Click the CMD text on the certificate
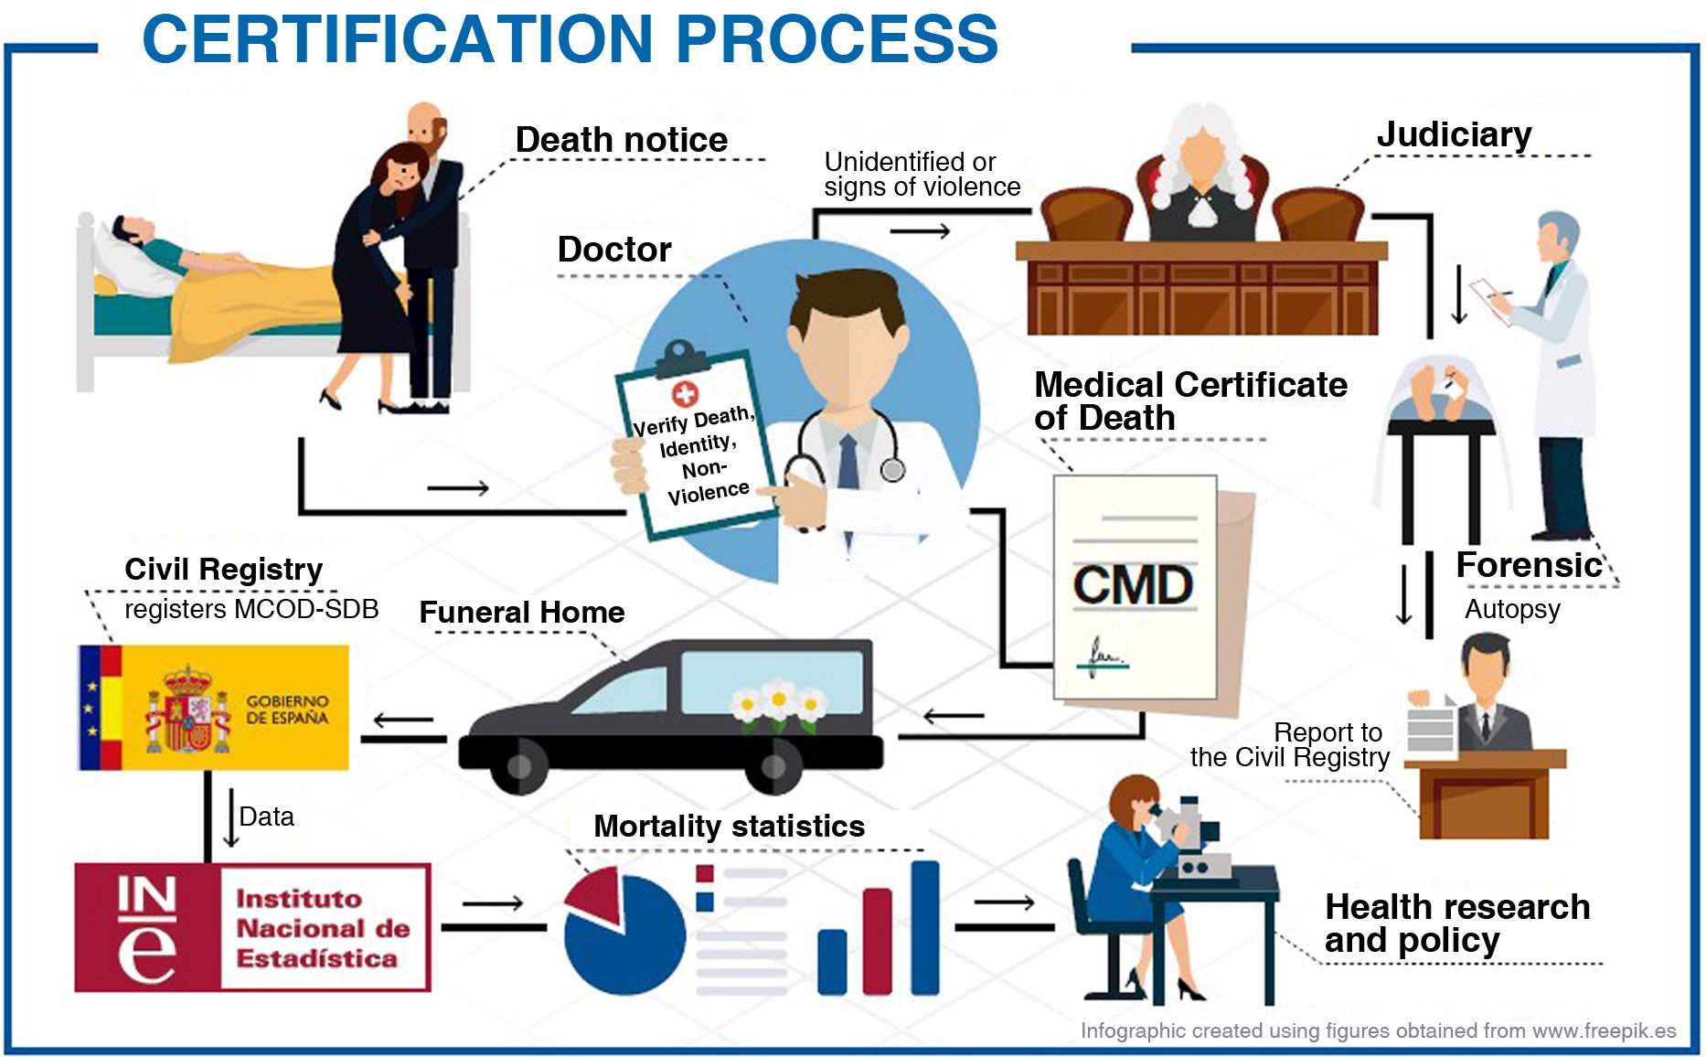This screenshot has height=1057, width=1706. point(1133,585)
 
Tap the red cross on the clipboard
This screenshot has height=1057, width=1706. point(685,393)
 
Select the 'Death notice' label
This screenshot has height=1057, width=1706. point(622,140)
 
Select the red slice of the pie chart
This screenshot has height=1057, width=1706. point(595,895)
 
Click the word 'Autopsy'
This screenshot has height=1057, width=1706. point(1512,609)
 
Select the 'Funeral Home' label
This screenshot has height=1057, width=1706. point(521,612)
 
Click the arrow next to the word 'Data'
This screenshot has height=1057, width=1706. point(230,817)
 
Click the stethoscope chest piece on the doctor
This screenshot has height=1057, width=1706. point(892,470)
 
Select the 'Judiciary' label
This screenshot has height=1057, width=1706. point(1454,134)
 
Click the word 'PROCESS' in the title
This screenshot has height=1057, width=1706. point(837,39)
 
